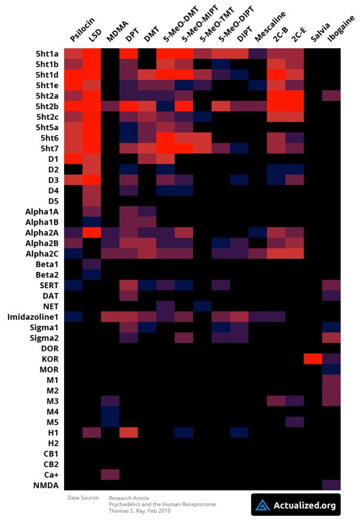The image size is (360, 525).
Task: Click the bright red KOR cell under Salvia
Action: click(x=313, y=359)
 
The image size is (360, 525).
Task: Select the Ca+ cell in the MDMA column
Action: click(x=110, y=475)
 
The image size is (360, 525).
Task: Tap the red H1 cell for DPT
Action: click(x=129, y=433)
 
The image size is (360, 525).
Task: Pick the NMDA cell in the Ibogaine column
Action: click(x=331, y=485)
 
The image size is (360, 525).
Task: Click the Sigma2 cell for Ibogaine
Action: click(x=331, y=338)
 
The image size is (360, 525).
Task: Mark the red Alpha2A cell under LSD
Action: click(x=91, y=232)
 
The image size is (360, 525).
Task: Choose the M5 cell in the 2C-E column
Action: click(x=294, y=422)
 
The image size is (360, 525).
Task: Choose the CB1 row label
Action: click(x=50, y=454)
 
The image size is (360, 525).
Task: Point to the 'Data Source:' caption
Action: click(x=83, y=498)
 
